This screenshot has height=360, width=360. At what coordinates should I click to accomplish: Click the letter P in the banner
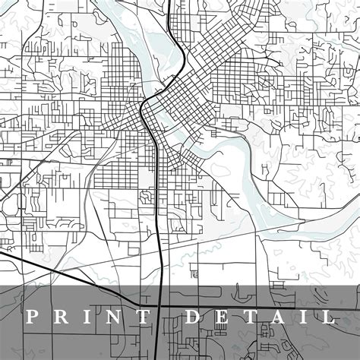click(33, 316)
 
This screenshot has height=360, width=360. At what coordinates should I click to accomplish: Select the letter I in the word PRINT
click(89, 316)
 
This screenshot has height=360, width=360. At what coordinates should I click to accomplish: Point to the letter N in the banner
click(115, 316)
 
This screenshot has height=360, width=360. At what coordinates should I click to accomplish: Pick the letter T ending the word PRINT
click(146, 316)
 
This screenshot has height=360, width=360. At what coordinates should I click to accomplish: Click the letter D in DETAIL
click(194, 316)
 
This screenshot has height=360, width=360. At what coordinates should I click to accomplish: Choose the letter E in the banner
click(223, 316)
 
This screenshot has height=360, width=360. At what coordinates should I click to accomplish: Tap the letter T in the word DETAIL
click(250, 316)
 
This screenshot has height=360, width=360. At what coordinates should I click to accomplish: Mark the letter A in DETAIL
click(277, 316)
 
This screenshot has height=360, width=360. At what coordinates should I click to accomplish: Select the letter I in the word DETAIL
click(302, 316)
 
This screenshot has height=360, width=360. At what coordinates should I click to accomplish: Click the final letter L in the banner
click(326, 316)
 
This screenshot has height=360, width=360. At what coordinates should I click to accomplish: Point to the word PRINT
click(89, 316)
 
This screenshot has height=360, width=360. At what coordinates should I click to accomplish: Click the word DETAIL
click(260, 316)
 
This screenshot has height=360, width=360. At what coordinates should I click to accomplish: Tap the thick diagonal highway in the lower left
click(61, 274)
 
